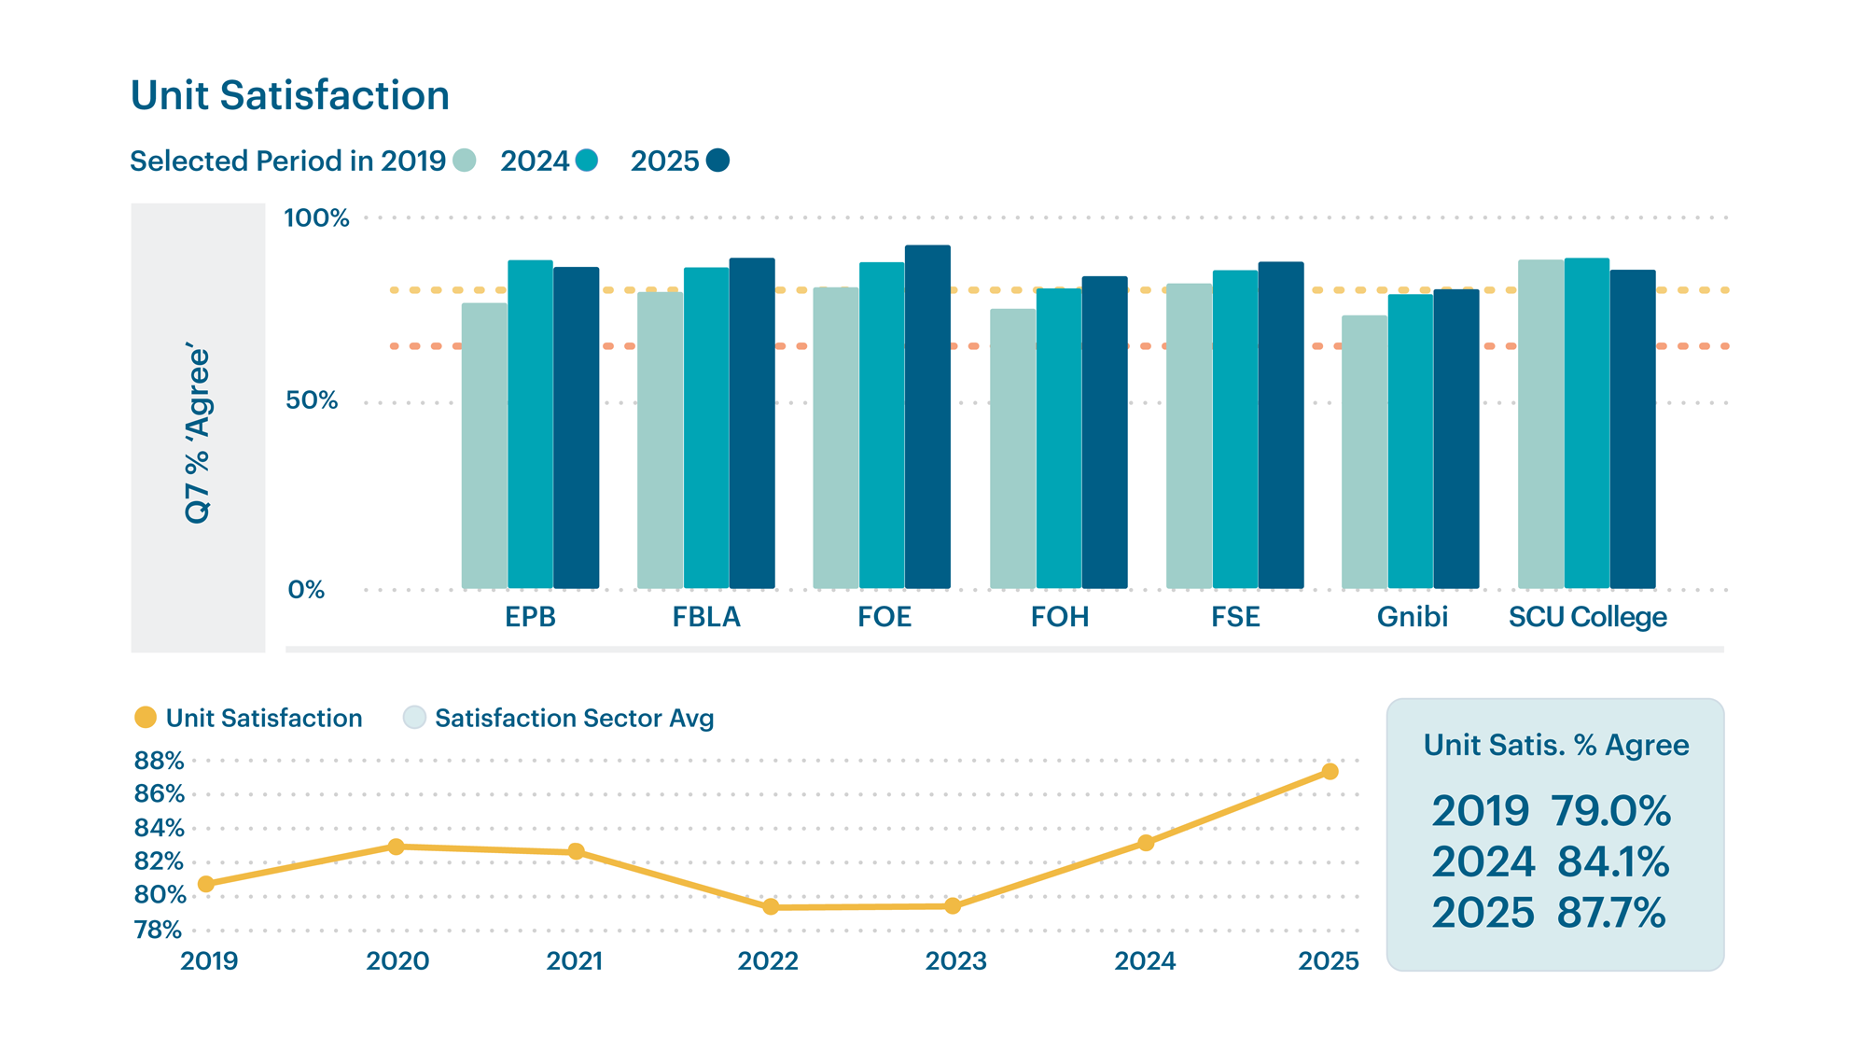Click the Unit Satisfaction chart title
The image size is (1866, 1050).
tap(290, 96)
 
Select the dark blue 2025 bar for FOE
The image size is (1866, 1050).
tap(927, 417)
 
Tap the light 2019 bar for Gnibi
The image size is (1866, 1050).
tap(1364, 453)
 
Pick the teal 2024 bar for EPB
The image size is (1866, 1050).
tap(530, 425)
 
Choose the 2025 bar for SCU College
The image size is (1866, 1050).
tap(1633, 429)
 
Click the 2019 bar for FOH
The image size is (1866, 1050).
tap(1012, 449)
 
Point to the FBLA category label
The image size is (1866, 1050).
tap(706, 617)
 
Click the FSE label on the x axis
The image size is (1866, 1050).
tap(1235, 617)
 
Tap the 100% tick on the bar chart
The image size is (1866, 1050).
tap(316, 218)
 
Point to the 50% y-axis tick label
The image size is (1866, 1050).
tap(312, 400)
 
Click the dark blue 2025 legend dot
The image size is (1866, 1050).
tap(717, 161)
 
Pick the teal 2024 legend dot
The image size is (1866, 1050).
tap(587, 161)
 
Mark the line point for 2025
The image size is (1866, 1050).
tap(1330, 772)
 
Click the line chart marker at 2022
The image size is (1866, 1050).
tap(771, 906)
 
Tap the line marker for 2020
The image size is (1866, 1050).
tap(396, 847)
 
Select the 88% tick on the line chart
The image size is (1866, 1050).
tap(159, 761)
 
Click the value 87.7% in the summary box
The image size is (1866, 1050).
tap(1611, 913)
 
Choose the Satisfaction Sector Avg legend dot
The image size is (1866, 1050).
tap(414, 718)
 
